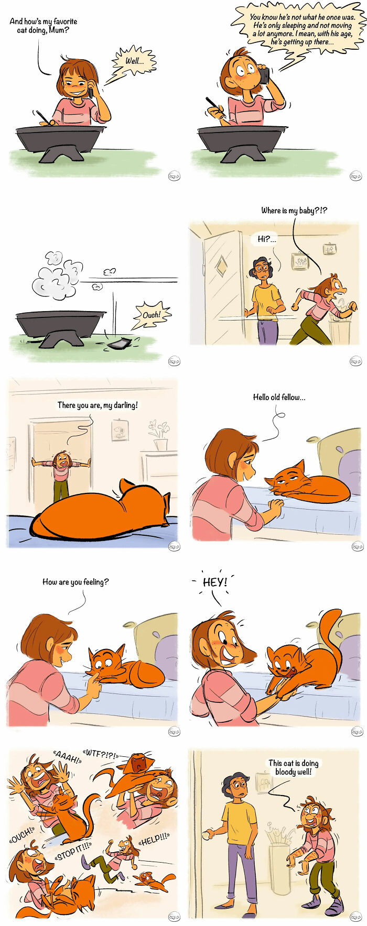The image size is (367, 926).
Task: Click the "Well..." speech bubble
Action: click(134, 61)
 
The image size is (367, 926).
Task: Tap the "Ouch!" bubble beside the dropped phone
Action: click(152, 315)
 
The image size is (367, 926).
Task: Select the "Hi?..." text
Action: click(266, 239)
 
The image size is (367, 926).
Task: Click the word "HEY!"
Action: click(215, 582)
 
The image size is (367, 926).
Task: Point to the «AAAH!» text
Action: click(67, 757)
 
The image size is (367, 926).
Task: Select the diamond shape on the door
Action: click(222, 266)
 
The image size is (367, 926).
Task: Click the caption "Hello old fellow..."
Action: click(279, 397)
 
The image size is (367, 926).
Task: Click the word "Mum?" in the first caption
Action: click(59, 30)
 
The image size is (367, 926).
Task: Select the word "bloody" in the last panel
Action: click(286, 771)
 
